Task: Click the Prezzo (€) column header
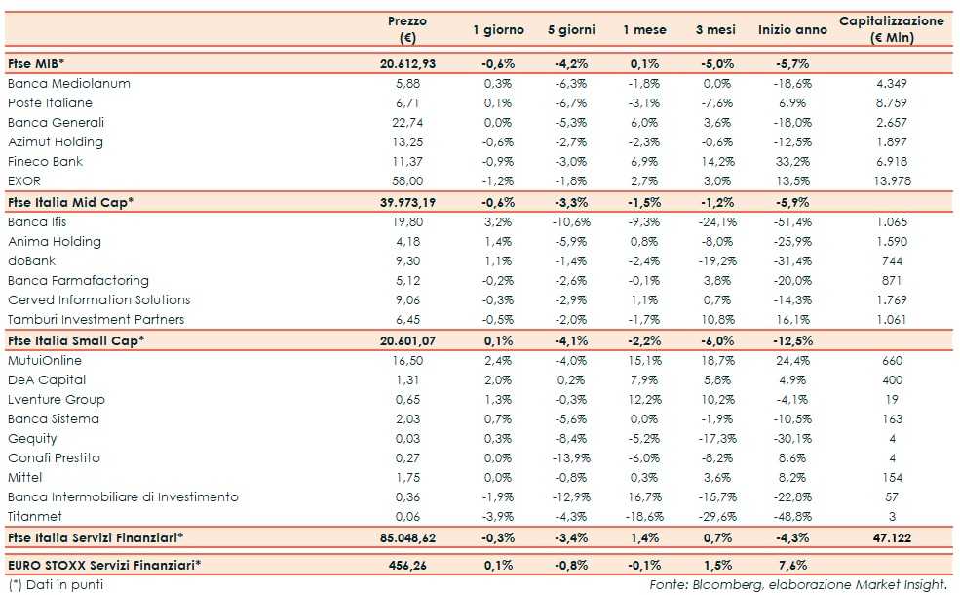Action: (407, 29)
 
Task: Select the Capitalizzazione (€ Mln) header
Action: (892, 29)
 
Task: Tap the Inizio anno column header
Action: (792, 30)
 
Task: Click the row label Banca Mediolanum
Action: (68, 84)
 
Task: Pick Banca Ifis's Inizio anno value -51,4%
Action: (792, 221)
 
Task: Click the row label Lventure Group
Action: (56, 399)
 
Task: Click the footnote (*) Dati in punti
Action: (55, 584)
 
